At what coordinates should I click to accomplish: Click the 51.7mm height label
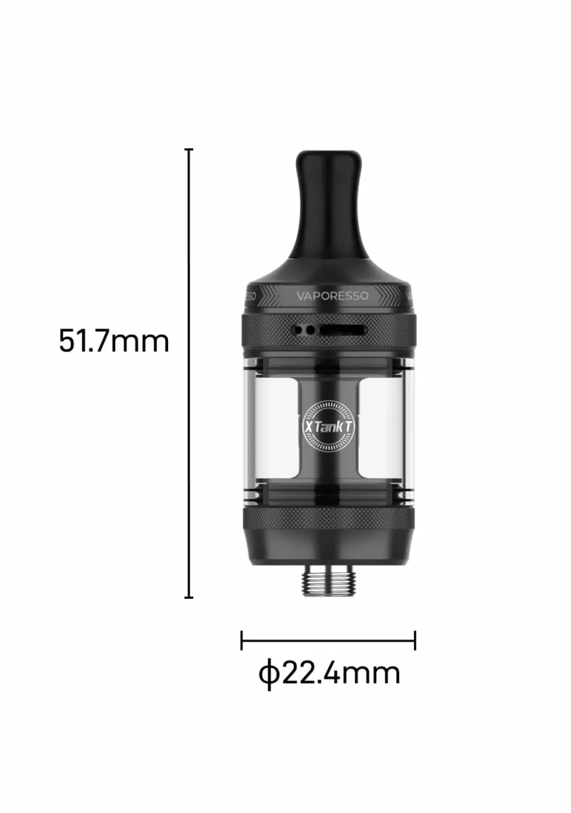[x=114, y=341]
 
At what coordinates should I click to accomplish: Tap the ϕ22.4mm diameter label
[x=329, y=673]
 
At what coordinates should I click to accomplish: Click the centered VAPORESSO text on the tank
[x=333, y=296]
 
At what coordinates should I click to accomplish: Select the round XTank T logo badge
[x=329, y=428]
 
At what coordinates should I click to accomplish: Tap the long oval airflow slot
[x=342, y=331]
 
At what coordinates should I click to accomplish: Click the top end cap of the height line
[x=189, y=149]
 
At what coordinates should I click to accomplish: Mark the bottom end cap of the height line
[x=189, y=597]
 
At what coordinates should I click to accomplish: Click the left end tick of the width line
[x=242, y=641]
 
